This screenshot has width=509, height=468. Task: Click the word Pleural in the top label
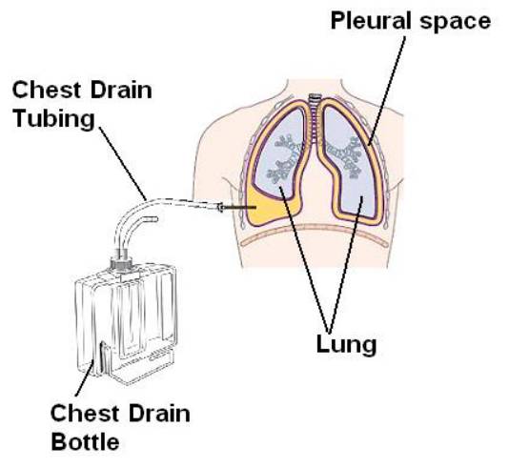point(369,20)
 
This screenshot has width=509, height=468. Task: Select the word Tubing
point(54,119)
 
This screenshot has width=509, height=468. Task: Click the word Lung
point(346,345)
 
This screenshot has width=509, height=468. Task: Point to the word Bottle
point(86,441)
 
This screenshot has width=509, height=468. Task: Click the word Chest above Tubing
point(46,90)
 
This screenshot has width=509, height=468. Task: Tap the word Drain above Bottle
point(159,413)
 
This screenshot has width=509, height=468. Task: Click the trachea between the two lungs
point(314,120)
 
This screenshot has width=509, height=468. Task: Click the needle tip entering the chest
point(255,207)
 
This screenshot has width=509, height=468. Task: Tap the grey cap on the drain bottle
point(122,260)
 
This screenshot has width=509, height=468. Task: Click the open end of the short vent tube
point(155,219)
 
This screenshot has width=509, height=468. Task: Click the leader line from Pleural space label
point(387,91)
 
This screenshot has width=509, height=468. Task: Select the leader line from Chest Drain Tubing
point(123,163)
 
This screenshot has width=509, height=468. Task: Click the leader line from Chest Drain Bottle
point(86,377)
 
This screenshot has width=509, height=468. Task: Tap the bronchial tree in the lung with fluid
point(286,158)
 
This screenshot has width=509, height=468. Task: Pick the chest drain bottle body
point(127,324)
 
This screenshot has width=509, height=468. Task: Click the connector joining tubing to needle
point(220,207)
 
